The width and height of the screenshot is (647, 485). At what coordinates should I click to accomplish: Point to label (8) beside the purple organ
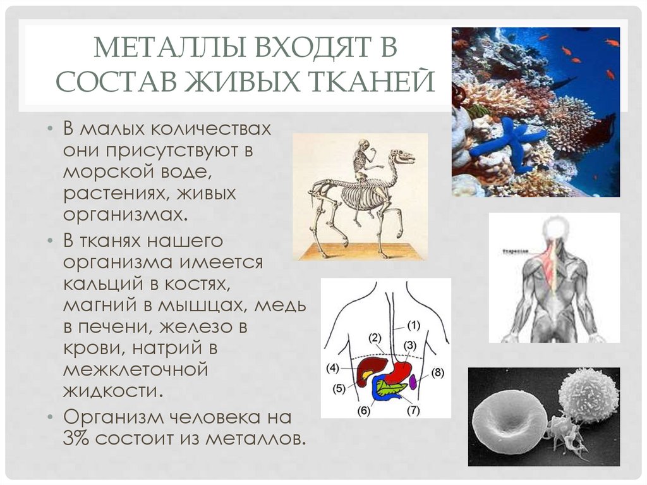tap(438, 372)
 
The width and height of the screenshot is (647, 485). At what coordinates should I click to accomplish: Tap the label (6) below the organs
tap(363, 410)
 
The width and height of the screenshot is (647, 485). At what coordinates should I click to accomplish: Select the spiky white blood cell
tap(588, 396)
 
